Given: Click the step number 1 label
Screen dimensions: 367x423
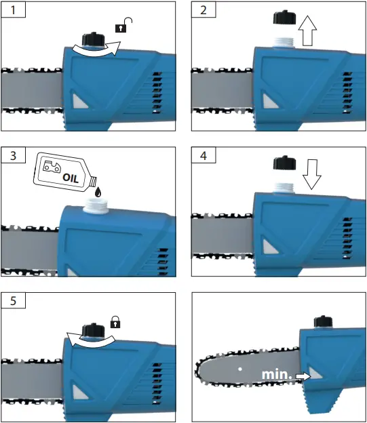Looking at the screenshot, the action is (x=13, y=10).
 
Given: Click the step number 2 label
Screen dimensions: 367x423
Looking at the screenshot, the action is (x=204, y=10).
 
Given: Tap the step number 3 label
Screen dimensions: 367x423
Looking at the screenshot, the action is (x=13, y=156).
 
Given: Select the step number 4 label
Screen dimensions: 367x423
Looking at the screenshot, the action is (x=204, y=156).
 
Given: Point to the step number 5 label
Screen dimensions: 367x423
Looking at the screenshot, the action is (x=13, y=301).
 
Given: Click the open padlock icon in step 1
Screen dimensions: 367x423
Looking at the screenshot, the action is (x=123, y=25).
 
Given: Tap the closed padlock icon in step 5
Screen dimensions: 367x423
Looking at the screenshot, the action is (x=115, y=322).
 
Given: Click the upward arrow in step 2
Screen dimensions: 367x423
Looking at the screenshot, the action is (x=307, y=31).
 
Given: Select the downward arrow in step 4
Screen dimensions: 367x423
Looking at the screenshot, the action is (x=312, y=174).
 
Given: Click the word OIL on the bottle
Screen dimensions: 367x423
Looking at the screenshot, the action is (x=71, y=178).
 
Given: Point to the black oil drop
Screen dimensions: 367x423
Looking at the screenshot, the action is (x=98, y=192).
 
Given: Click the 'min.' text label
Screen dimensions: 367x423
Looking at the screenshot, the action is (x=277, y=374).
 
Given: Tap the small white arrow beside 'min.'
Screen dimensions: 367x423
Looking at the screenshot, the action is (x=303, y=376).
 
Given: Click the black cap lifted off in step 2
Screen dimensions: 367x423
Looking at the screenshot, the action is (x=285, y=18).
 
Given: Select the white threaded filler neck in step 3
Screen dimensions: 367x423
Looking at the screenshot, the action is (x=96, y=205).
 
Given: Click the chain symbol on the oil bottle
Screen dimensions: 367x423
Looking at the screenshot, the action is (x=52, y=166).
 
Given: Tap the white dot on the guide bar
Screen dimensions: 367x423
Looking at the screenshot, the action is (x=240, y=369).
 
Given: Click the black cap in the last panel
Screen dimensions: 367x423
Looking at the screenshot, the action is (x=323, y=322).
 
